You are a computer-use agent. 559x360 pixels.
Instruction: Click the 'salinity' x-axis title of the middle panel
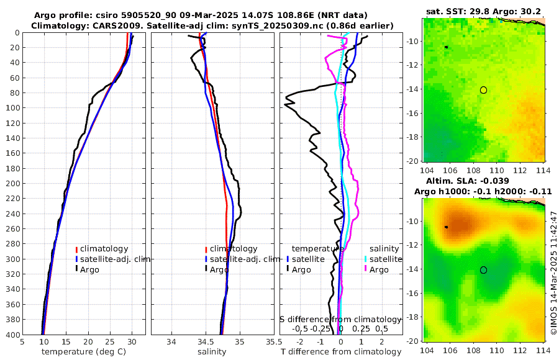211,352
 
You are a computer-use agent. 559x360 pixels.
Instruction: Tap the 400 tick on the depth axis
12,335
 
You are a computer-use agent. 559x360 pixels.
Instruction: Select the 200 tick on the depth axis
12,184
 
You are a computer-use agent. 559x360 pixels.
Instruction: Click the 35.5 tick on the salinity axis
270,341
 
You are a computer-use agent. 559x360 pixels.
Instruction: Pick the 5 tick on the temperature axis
22,341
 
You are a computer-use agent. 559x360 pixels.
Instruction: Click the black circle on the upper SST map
483,90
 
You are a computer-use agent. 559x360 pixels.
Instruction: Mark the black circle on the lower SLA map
483,270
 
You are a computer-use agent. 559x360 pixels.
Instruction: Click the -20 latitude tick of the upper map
412,161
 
